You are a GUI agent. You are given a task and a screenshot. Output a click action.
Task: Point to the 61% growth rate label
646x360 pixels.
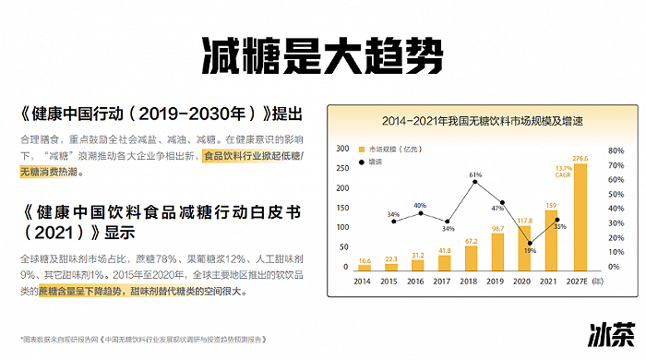[x=475, y=174]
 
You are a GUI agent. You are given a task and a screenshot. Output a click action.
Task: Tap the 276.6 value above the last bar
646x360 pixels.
[x=580, y=158]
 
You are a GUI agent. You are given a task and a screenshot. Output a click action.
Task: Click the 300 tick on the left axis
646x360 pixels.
[x=343, y=148]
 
